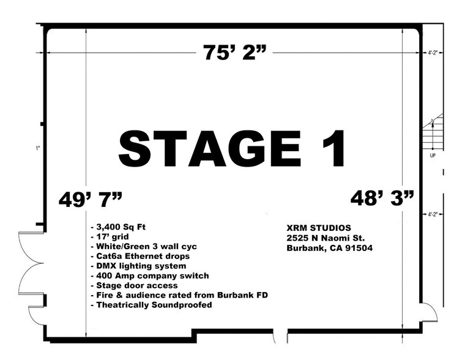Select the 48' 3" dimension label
(382, 197)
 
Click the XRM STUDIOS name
(318, 228)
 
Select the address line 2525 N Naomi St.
(325, 238)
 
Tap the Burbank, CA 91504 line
(330, 249)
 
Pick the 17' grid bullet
(110, 236)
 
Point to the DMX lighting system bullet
(138, 266)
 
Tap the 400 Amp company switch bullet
(149, 276)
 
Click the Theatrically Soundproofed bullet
(151, 305)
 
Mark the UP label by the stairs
(433, 156)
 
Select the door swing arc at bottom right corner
(430, 313)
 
